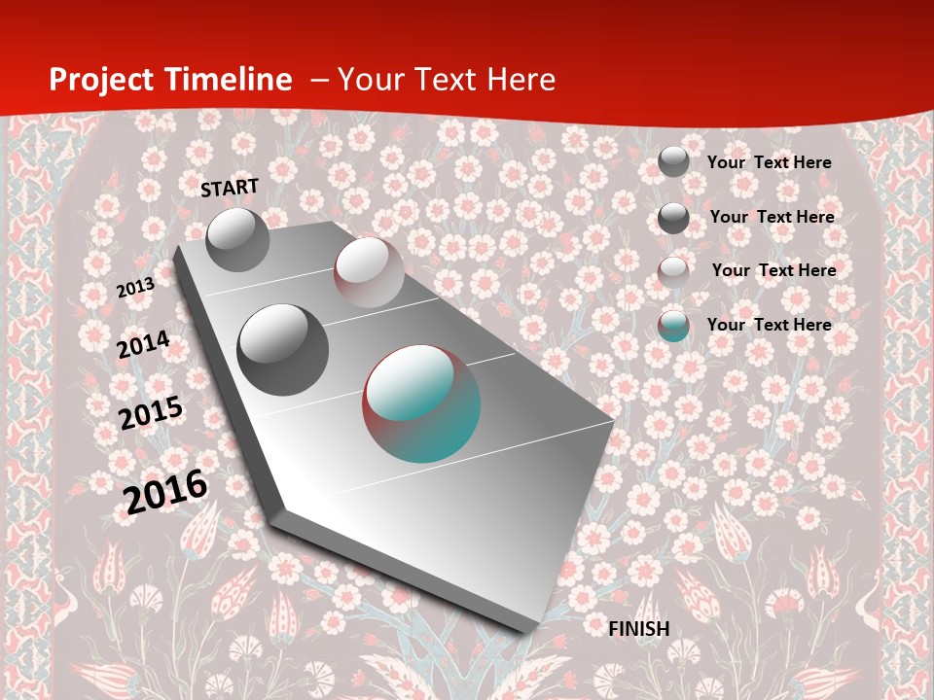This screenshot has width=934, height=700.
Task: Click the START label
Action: pos(230,187)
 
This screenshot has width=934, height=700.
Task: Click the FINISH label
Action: pos(638,629)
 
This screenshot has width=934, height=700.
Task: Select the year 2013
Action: pos(135,287)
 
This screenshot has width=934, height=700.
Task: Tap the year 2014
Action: pos(143,345)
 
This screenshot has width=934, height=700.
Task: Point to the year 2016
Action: pos(165,491)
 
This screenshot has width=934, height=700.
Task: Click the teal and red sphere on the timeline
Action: pos(421,402)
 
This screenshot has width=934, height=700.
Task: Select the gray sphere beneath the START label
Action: pos(237,239)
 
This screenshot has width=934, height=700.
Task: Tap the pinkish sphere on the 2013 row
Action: pos(368,272)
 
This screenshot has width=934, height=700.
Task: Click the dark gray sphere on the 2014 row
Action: pos(282,349)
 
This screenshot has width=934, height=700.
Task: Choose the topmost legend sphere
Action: pos(673,161)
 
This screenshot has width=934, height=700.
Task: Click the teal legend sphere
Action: pos(673,326)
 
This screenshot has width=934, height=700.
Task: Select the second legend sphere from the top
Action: pos(673,218)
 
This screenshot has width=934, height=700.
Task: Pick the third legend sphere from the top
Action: pos(673,271)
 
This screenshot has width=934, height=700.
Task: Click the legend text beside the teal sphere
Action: pos(769,325)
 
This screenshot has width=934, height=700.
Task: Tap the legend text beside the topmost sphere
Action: pos(769,162)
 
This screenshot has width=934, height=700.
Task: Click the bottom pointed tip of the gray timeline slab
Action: pos(526,631)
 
